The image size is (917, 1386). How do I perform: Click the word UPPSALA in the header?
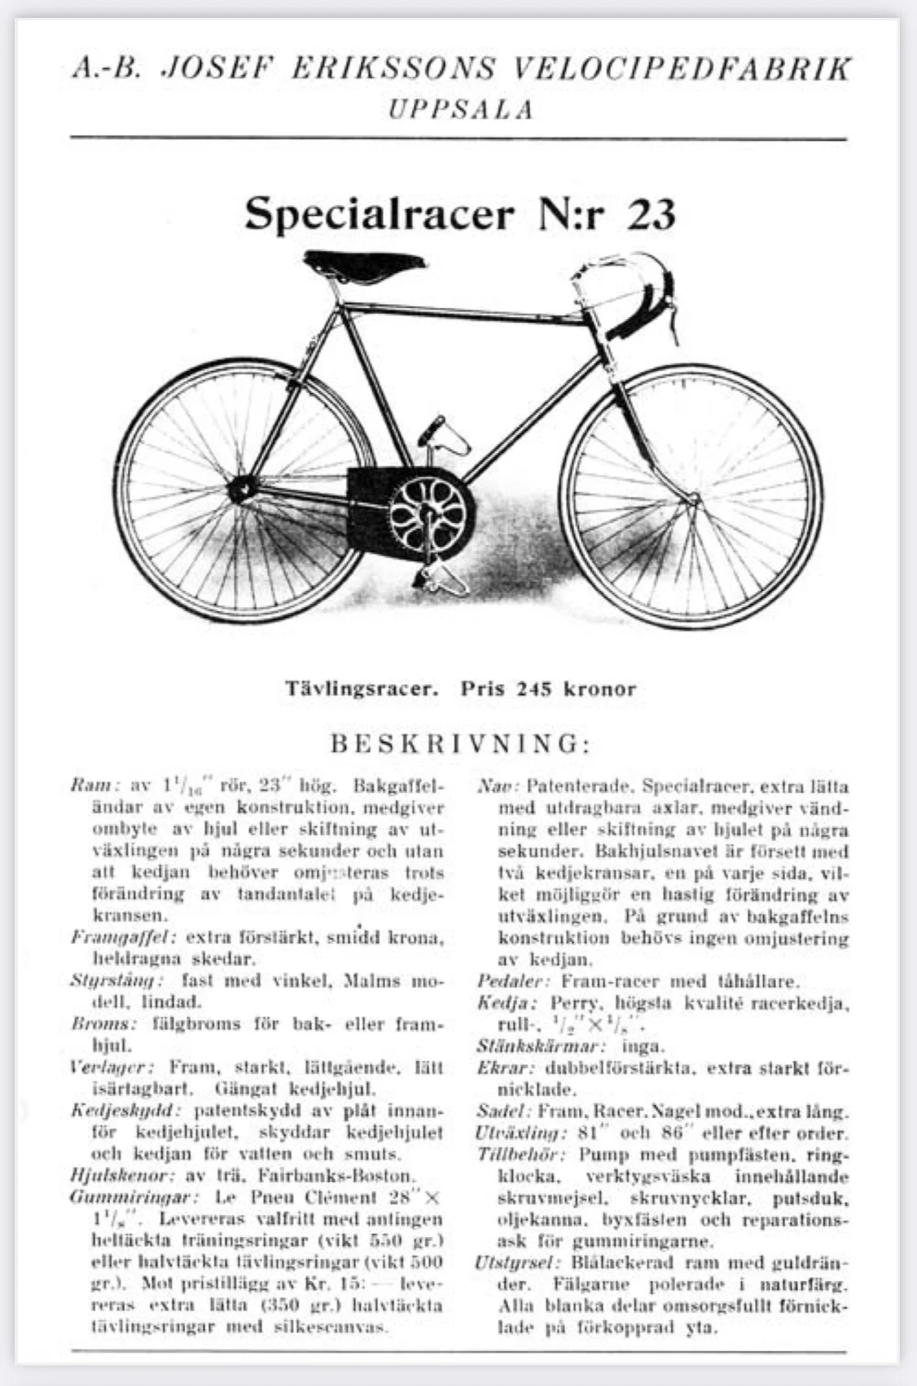[x=460, y=109]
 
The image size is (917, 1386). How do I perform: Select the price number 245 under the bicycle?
[x=534, y=689]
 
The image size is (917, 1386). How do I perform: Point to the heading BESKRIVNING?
[x=459, y=744]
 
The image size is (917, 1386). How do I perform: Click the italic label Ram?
[x=95, y=787]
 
